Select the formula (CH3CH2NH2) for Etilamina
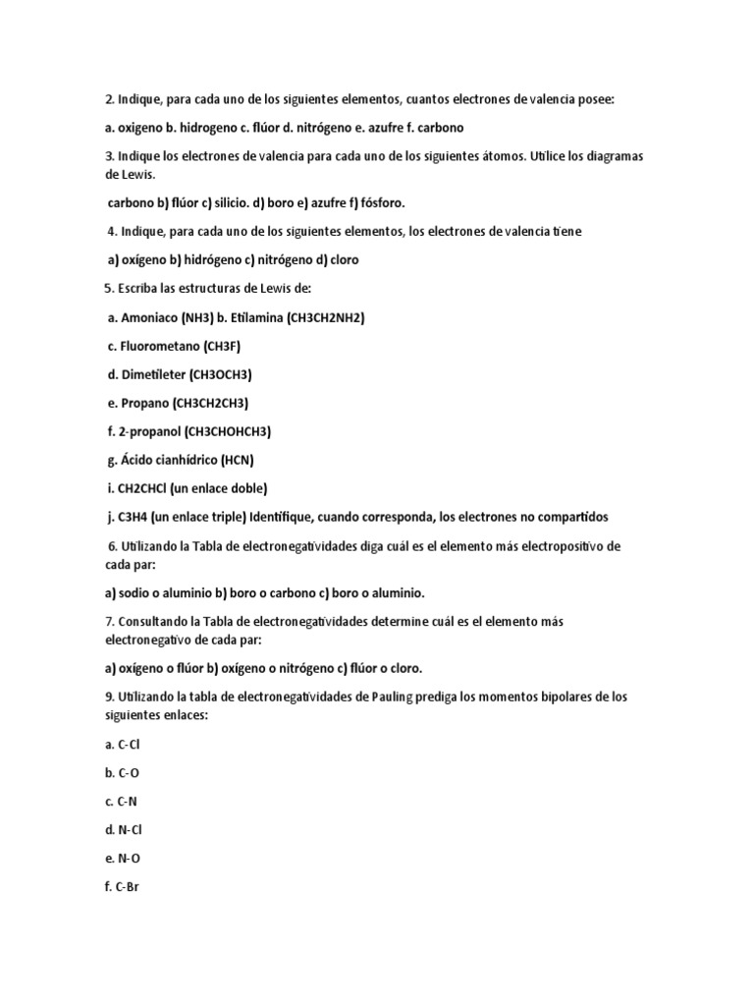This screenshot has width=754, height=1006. (x=326, y=317)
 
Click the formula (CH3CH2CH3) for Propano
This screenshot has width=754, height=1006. (x=210, y=403)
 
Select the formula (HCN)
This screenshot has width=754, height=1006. (x=238, y=460)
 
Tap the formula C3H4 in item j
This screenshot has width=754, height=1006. (x=134, y=517)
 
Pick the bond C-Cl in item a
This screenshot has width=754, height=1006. (x=130, y=745)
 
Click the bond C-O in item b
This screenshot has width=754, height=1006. (x=129, y=773)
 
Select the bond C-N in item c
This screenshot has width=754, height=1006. (x=128, y=802)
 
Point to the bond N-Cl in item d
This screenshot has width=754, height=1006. (x=131, y=830)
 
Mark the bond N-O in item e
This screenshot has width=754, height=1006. (x=129, y=859)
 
